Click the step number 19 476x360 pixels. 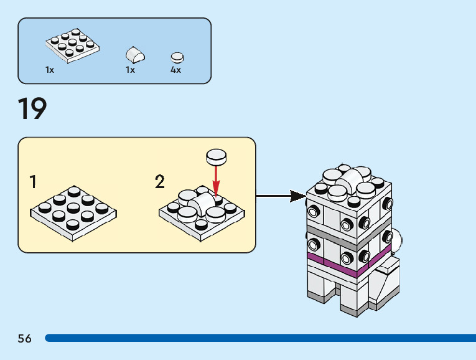tap(32, 110)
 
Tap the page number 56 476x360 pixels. tap(25, 338)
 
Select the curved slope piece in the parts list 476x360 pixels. tap(136, 54)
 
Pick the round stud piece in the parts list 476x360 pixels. tap(177, 57)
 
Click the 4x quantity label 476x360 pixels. tap(176, 70)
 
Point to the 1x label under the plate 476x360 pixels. tap(50, 70)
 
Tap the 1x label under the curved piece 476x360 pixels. tap(130, 70)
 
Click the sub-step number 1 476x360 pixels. tap(33, 182)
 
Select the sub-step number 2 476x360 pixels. tap(160, 182)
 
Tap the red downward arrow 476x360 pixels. tap(216, 181)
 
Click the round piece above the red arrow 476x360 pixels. tap(216, 156)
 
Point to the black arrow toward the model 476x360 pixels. tap(280, 196)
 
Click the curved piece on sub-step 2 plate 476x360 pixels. tap(203, 203)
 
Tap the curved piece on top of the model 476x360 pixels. tap(352, 177)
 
